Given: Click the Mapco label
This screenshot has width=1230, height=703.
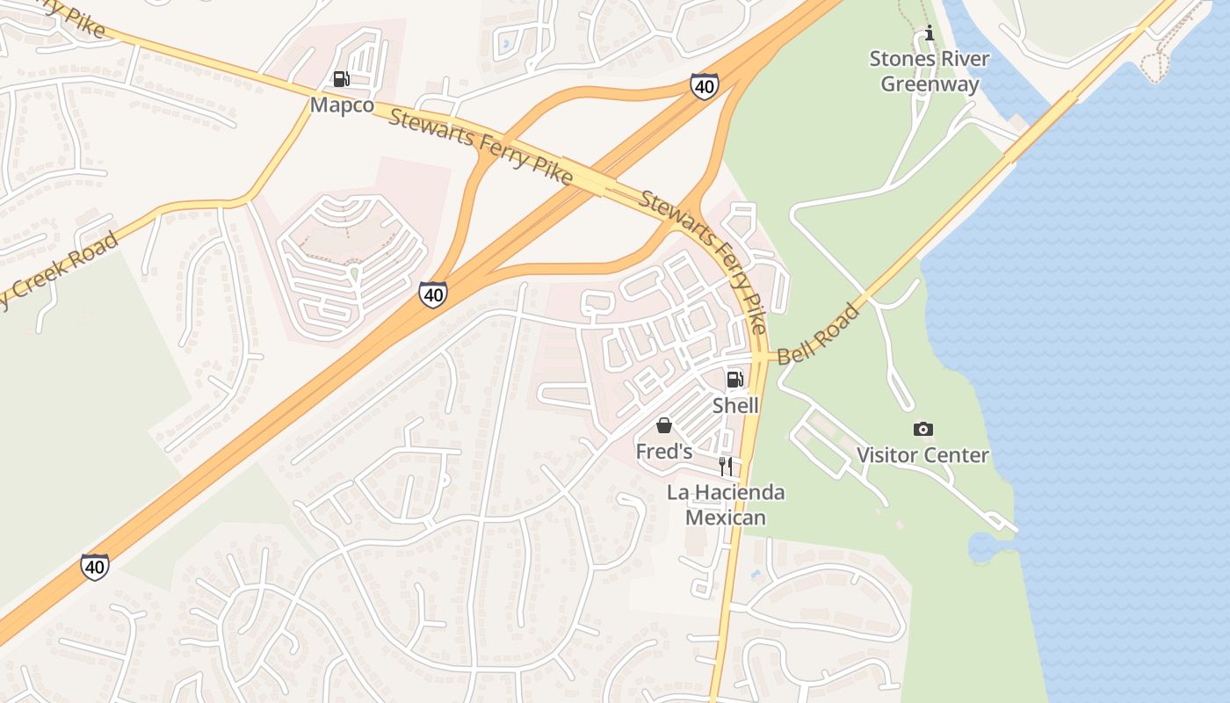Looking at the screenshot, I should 342,105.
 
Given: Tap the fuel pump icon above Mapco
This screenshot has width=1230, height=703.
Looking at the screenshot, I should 342,79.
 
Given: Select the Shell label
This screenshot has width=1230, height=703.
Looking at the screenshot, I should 735,406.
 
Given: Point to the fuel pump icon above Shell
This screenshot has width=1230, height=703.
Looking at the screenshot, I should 734,380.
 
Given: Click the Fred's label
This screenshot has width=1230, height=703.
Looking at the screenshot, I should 664,452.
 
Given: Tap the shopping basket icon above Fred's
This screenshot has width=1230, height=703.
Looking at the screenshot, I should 664,425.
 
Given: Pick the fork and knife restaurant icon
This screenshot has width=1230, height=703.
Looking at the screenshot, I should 726,466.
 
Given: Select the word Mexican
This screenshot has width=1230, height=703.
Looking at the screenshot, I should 726,518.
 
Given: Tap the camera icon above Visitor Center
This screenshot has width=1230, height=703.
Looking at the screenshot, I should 922,429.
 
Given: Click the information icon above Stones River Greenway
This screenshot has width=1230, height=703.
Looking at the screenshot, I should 930,34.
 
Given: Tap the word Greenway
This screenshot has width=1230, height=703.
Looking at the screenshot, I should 930,84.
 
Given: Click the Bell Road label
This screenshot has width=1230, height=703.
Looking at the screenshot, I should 819,335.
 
